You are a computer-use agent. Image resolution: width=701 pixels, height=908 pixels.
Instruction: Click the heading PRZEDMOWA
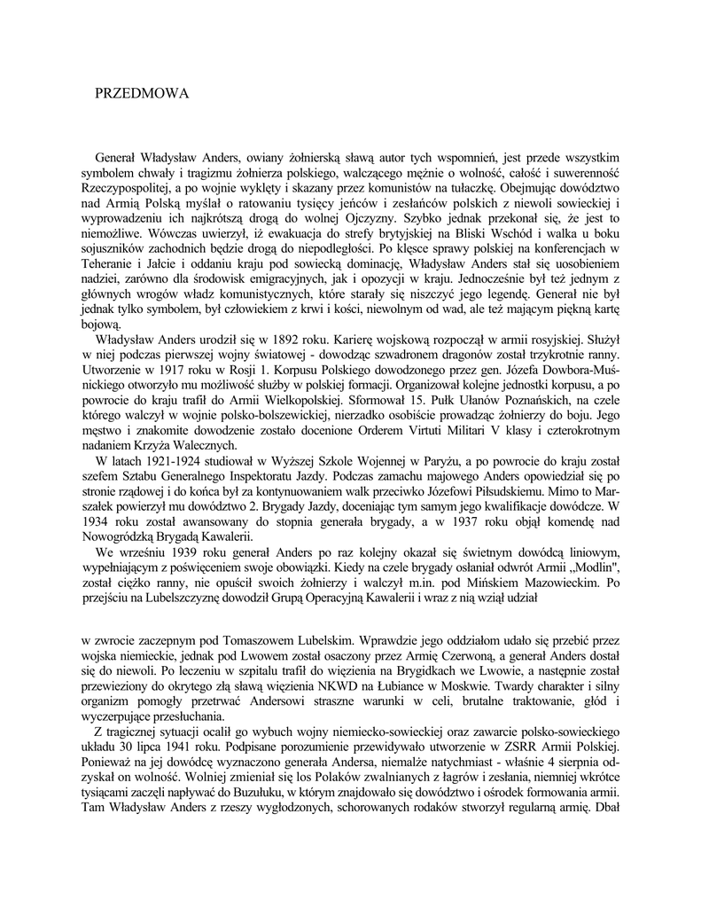(141, 92)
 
